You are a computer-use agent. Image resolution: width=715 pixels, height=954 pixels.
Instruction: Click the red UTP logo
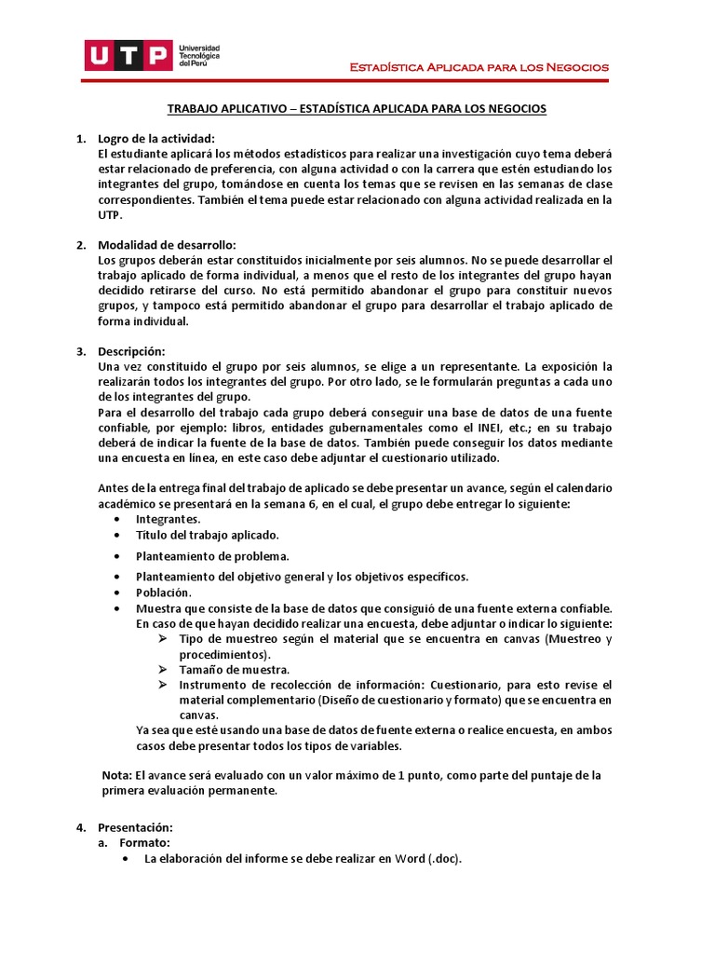(128, 55)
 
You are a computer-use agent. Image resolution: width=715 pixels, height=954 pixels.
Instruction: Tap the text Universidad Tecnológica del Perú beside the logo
(199, 55)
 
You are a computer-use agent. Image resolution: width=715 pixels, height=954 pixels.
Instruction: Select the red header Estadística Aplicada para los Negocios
(479, 67)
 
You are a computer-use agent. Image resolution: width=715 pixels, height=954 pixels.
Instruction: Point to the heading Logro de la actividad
(155, 138)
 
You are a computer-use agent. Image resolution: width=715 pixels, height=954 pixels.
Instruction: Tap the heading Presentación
(135, 826)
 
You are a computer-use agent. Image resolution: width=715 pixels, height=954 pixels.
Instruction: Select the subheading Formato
(143, 842)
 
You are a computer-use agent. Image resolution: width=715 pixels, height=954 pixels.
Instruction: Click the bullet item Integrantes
(168, 518)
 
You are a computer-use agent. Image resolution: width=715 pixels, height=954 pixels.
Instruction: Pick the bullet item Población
(163, 593)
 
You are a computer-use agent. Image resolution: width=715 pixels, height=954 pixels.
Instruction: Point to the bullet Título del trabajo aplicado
(207, 535)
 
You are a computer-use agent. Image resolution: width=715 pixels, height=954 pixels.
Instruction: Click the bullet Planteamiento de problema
(206, 556)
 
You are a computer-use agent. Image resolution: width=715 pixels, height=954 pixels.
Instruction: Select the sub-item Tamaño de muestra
(234, 669)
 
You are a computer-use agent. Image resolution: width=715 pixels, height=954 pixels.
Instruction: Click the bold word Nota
(116, 775)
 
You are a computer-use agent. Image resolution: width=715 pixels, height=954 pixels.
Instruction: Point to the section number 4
(79, 826)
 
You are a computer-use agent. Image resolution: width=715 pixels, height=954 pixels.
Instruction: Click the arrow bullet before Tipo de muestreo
(162, 639)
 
